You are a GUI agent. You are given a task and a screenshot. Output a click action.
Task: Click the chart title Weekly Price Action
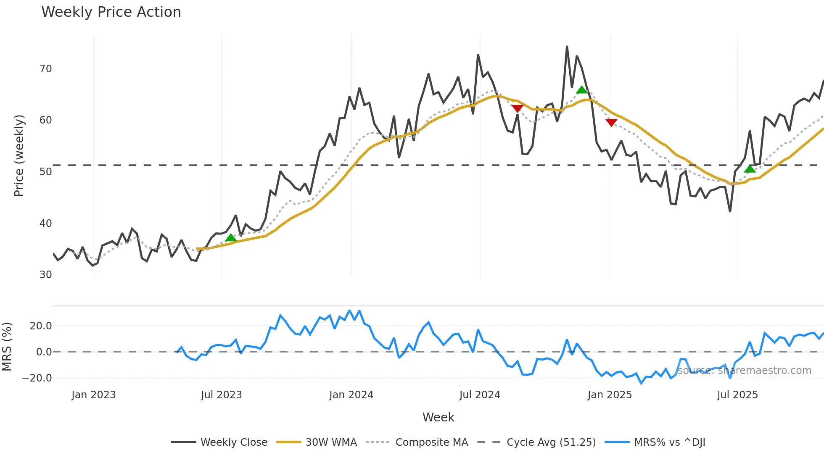(111, 12)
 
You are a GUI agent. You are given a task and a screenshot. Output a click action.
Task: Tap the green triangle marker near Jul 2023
(230, 238)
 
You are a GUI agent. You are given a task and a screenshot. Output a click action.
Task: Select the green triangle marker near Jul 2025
(750, 169)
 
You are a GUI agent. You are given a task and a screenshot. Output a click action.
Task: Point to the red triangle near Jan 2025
(611, 122)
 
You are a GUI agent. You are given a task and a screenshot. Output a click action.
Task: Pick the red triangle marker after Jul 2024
(517, 108)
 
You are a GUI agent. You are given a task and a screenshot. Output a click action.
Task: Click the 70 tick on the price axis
(45, 69)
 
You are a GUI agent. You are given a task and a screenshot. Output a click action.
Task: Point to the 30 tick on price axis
(45, 275)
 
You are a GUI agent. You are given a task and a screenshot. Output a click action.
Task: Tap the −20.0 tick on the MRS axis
(37, 378)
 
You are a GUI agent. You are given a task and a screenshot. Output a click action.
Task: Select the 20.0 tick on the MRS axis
(41, 326)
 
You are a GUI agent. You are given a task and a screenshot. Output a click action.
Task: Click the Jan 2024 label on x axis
(351, 395)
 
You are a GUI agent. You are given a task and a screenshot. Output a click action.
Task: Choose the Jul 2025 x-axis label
(737, 395)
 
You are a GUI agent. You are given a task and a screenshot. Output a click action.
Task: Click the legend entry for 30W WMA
(331, 442)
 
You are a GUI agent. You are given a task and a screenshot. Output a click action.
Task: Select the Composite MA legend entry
(431, 442)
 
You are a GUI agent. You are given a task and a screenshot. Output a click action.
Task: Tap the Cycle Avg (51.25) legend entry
(551, 442)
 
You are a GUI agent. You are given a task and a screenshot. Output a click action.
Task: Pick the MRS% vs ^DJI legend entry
(669, 442)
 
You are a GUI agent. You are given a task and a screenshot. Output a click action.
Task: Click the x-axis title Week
(438, 417)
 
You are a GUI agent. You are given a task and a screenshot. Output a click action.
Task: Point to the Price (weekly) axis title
(19, 155)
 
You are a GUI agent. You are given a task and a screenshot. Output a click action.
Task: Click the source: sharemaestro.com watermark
(744, 371)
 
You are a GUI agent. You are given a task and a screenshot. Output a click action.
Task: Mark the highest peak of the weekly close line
(567, 47)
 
